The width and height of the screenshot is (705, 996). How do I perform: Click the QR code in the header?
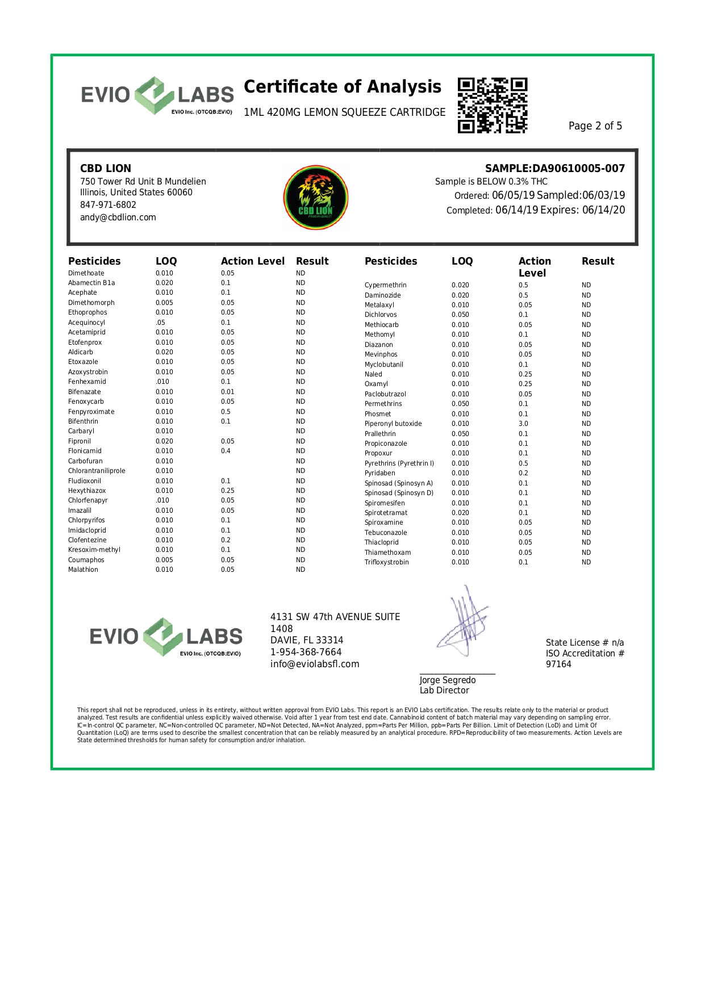(493, 106)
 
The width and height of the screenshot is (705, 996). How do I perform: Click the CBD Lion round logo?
(316, 198)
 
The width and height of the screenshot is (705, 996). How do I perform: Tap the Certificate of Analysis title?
(343, 87)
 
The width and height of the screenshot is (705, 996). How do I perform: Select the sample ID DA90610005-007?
(578, 169)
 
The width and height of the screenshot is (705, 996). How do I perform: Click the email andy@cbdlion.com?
(118, 217)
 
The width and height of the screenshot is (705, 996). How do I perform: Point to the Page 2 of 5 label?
(595, 126)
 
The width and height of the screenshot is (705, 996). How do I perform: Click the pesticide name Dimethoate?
(86, 273)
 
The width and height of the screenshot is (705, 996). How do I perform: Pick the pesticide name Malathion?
(83, 570)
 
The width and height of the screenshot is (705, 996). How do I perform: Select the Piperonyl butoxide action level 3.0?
(523, 424)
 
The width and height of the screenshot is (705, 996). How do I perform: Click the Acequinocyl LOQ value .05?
(160, 323)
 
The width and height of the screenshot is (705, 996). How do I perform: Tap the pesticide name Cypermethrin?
(386, 285)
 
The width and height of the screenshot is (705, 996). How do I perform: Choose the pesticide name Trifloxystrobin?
(387, 562)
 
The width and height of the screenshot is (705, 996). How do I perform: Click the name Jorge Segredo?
(448, 680)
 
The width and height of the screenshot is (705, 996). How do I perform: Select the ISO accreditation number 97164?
(558, 664)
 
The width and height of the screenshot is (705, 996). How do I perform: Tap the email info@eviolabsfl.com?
(315, 664)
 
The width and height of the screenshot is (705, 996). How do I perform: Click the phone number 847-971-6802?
(108, 205)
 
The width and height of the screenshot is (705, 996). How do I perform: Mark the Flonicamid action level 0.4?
(226, 451)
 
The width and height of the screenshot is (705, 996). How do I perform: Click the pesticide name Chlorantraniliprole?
(97, 471)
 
